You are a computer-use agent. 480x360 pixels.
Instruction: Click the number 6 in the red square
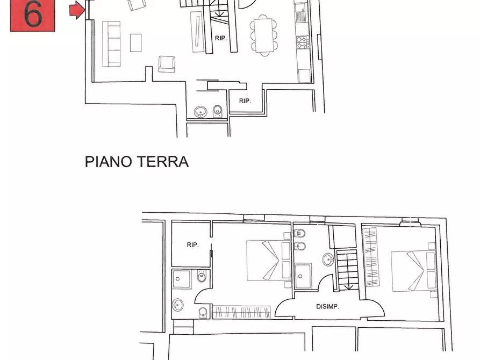coord(33,15)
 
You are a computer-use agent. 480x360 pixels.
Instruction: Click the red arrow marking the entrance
coord(78,9)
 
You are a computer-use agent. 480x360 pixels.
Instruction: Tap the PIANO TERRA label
coord(137,161)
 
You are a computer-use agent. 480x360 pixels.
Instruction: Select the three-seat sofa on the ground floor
coord(111,44)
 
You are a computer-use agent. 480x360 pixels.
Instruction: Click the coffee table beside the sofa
coord(136,42)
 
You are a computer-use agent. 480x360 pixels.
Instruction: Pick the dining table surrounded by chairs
coord(263,34)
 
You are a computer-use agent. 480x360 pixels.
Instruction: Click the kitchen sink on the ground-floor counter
coord(300,11)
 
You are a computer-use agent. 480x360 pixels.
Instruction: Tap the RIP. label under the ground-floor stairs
coord(220,38)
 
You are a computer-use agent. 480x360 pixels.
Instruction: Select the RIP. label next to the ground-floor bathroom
coord(245,100)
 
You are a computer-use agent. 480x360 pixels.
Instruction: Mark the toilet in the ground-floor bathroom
coord(217,111)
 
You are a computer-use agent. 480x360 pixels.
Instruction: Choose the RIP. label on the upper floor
coord(192,245)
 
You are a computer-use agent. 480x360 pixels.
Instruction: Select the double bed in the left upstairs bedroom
coord(266,260)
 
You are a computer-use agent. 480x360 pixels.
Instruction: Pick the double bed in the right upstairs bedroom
coord(412,271)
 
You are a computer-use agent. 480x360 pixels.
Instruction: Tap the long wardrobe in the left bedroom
coord(241,312)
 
